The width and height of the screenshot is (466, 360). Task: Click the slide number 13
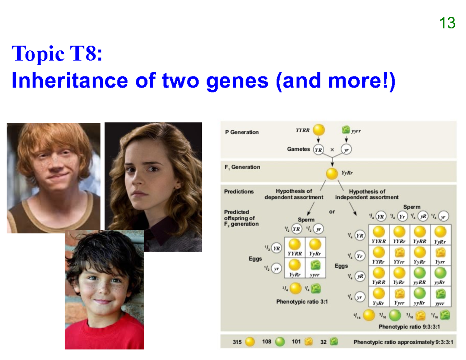click(447, 23)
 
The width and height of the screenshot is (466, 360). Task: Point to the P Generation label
click(242, 132)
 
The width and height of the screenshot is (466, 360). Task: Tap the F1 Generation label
click(242, 167)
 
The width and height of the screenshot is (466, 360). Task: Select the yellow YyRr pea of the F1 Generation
click(332, 174)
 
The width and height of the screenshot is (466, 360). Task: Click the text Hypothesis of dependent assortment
click(294, 194)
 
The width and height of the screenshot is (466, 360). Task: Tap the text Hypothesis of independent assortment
click(367, 194)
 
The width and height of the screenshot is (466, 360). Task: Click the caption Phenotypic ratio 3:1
click(302, 301)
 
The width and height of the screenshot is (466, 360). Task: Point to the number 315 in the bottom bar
click(237, 342)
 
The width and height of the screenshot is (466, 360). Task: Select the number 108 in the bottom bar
click(267, 342)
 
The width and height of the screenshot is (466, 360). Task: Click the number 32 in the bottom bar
click(323, 342)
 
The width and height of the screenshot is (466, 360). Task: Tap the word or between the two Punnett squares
click(332, 212)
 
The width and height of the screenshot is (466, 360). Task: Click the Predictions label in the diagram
click(239, 191)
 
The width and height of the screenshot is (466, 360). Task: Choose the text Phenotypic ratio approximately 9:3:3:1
click(403, 342)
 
